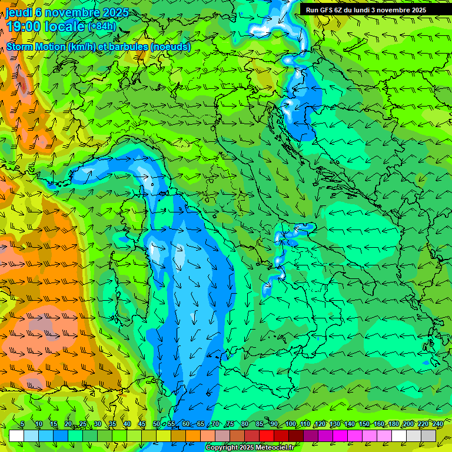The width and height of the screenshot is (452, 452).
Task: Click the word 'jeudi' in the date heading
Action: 18,12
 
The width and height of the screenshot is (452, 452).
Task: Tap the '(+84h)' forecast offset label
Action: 102,26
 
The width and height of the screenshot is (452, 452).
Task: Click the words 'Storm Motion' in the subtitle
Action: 36,46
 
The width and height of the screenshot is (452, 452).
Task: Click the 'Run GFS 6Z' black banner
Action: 366,10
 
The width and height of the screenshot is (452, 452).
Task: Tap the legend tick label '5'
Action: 22,424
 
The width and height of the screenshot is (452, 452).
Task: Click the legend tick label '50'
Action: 157,424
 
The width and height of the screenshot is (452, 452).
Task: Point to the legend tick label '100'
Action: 290,424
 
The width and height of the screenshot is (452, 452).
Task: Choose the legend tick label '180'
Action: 393,424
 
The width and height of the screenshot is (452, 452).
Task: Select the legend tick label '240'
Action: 437,424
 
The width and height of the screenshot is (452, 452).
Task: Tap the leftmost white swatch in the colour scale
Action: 16,436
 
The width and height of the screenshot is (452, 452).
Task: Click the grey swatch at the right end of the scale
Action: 428,436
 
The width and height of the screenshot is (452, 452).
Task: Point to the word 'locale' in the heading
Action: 64,26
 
